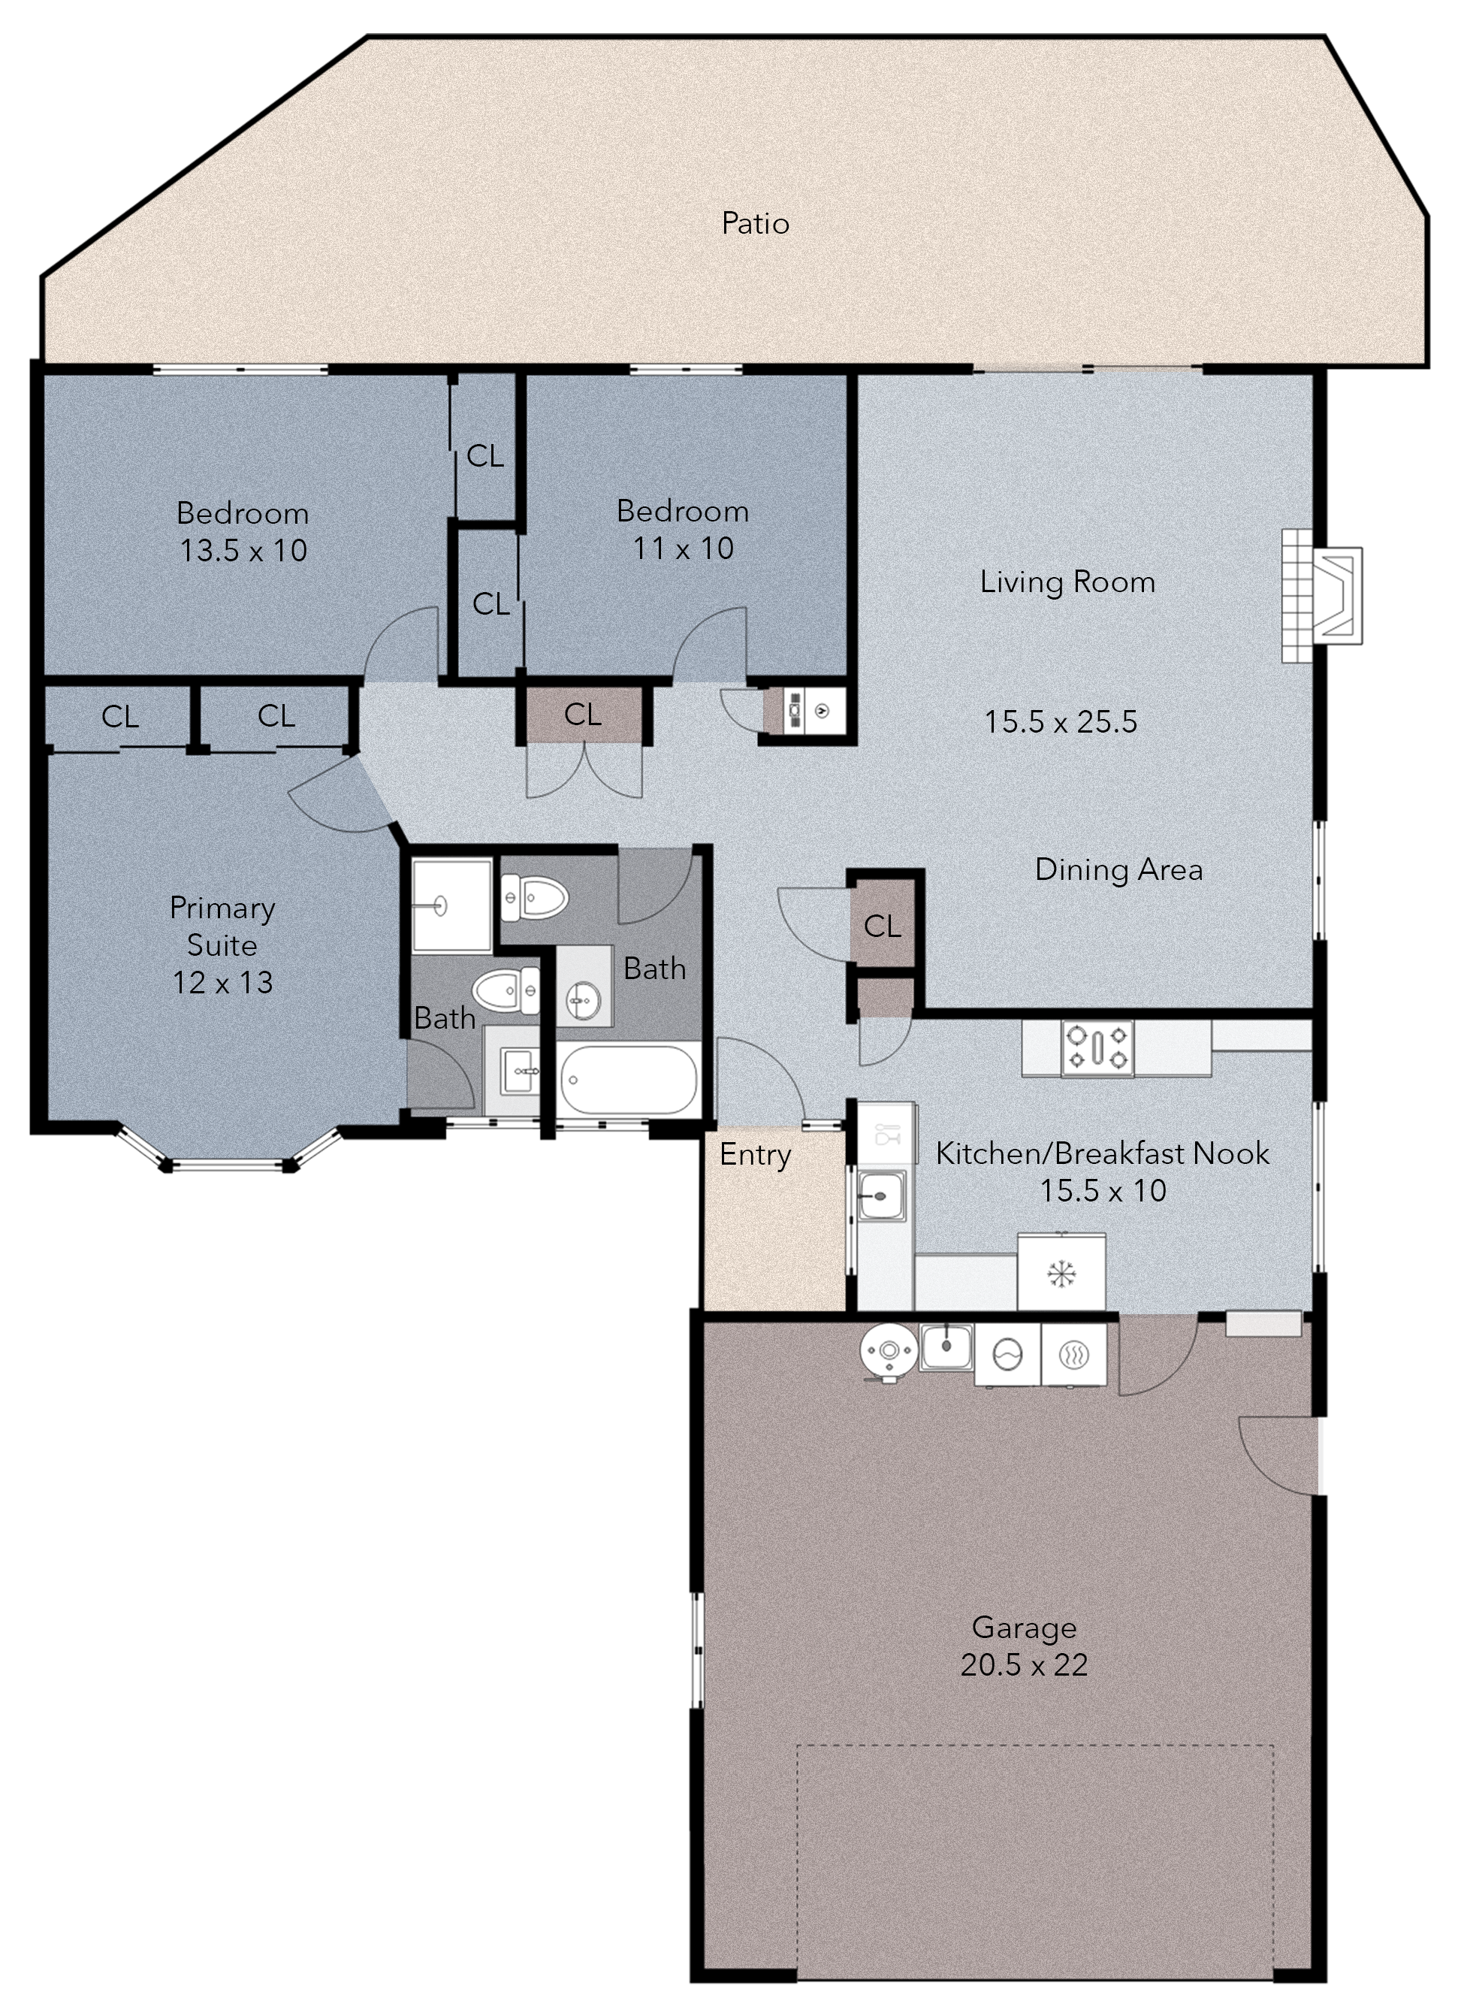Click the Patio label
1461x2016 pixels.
click(756, 223)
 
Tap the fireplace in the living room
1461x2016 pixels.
click(1321, 596)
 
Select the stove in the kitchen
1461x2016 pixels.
click(1097, 1048)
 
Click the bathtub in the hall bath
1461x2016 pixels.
click(629, 1080)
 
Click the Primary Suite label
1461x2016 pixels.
click(222, 926)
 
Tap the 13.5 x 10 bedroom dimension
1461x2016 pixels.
click(243, 551)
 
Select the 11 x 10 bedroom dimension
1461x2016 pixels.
click(683, 549)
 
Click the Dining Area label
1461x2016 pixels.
click(1119, 869)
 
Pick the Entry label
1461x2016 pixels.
click(756, 1156)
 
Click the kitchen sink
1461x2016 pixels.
click(882, 1195)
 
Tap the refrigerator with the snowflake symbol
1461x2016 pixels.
click(1061, 1272)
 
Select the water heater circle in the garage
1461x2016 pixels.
click(888, 1352)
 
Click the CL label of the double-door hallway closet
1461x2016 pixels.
click(583, 715)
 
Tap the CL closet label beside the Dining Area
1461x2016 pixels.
click(883, 927)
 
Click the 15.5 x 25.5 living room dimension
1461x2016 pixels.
click(1060, 722)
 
